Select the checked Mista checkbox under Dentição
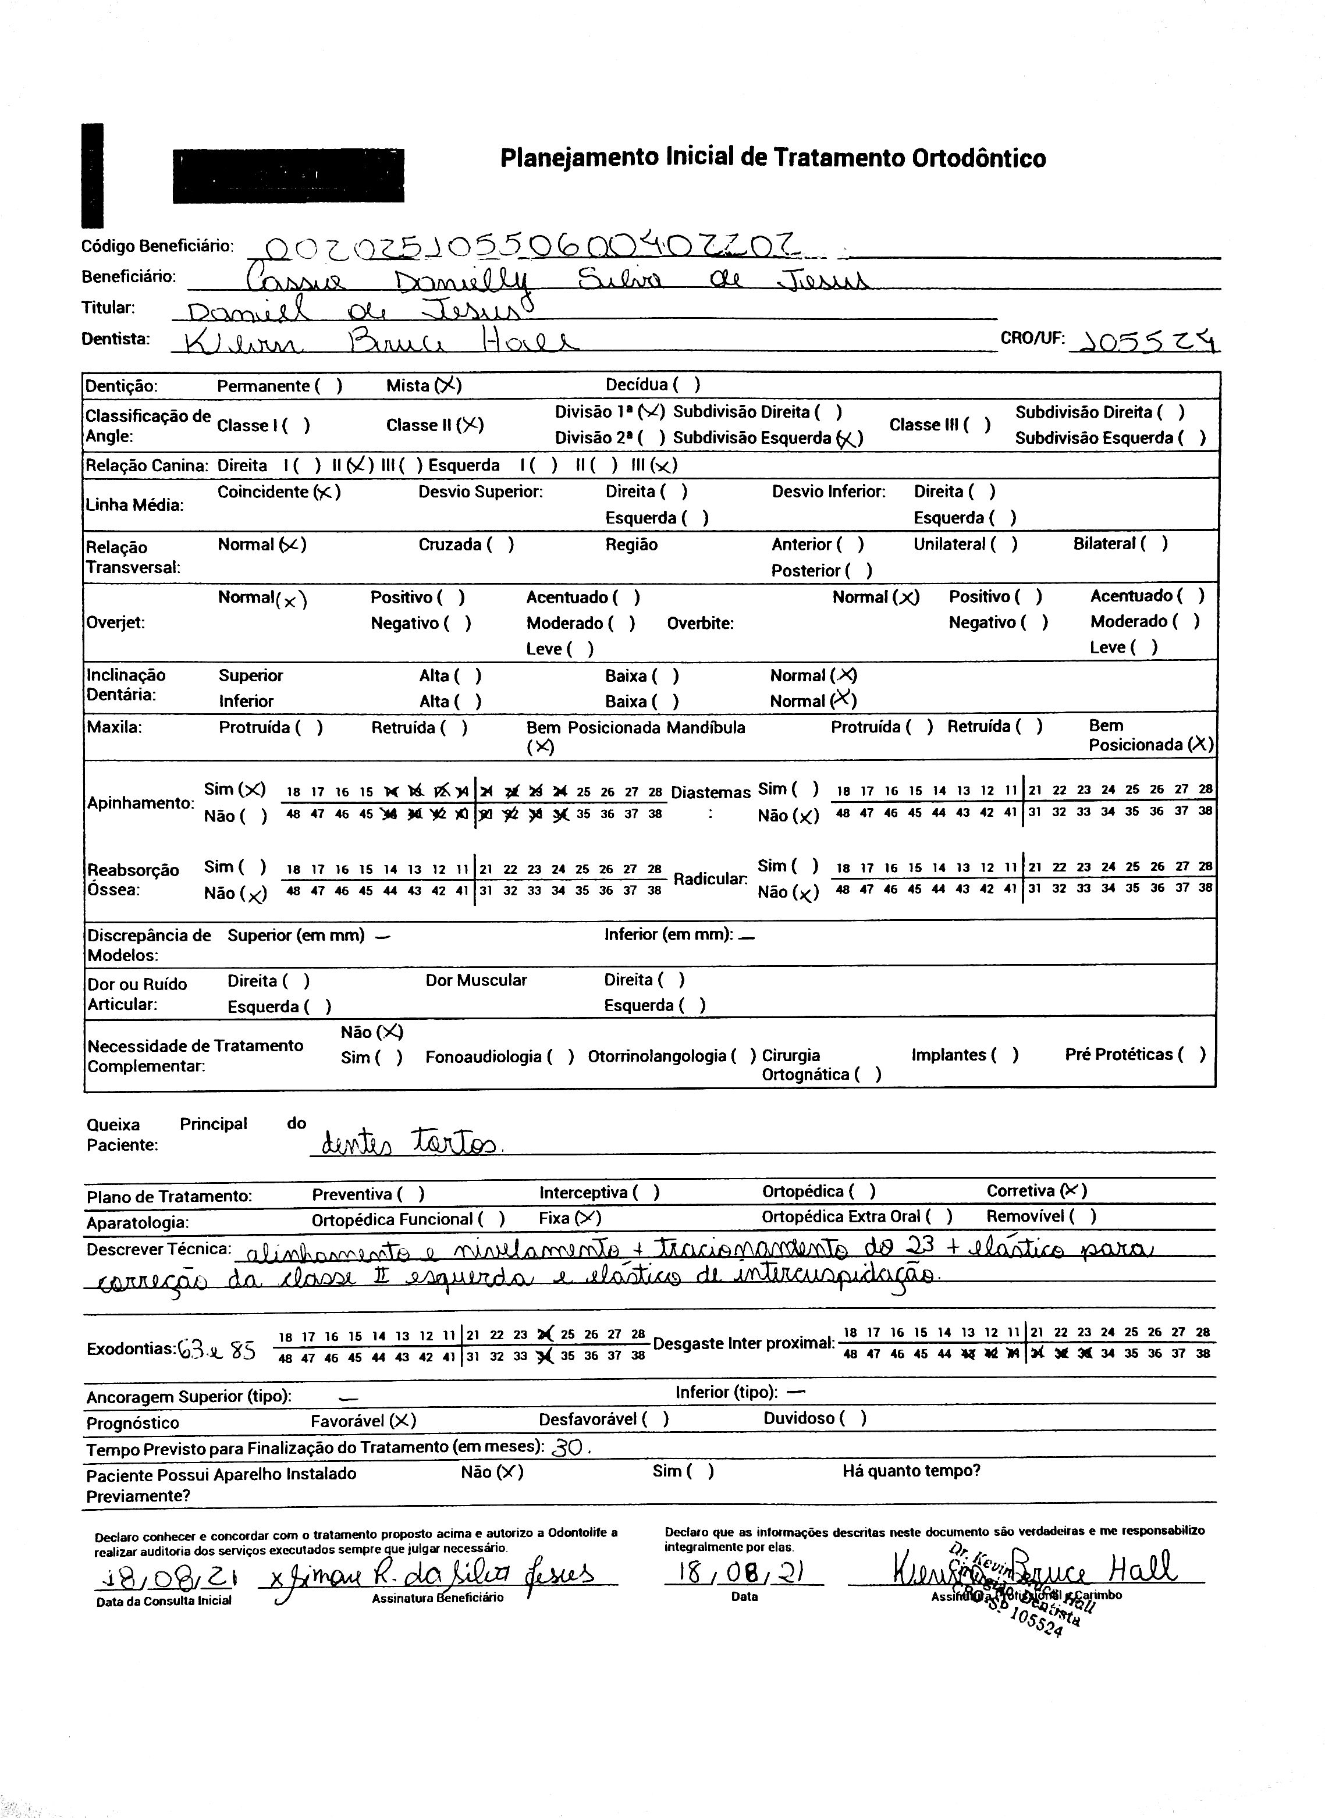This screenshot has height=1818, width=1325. [x=447, y=386]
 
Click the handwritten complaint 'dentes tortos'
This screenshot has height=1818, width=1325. [x=408, y=1142]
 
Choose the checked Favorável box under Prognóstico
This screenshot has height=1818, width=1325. [x=402, y=1420]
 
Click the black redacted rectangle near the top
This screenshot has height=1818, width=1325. [x=289, y=176]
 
